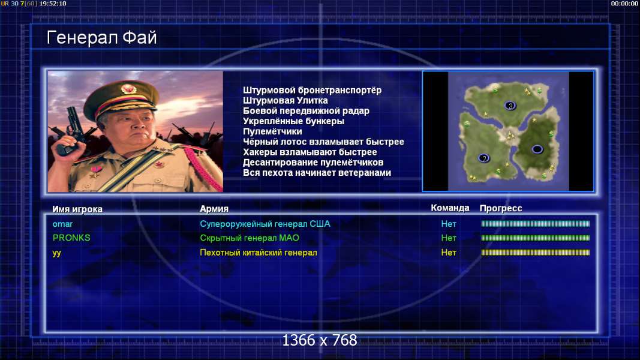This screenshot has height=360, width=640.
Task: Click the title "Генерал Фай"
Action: coord(101,38)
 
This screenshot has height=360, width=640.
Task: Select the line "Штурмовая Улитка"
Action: coord(286,100)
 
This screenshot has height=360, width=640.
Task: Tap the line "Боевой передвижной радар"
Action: coord(306,110)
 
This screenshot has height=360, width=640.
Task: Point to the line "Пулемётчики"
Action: coord(272,131)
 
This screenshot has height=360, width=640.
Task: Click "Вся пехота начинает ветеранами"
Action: coord(317,173)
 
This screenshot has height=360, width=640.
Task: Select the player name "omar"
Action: coord(62,224)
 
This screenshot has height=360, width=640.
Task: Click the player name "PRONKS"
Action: coord(71,238)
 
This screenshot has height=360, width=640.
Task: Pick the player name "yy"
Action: coord(57,253)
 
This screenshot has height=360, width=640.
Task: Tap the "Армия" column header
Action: coord(214,209)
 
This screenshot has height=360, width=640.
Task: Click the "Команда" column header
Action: coord(450,208)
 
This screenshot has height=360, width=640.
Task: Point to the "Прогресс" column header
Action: coord(501,208)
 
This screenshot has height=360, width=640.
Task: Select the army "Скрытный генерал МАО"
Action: coord(250,238)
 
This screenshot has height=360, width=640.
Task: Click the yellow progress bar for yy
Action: coord(536,253)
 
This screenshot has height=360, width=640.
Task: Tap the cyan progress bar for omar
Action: coord(536,224)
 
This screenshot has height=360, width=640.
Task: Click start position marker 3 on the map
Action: coord(510,106)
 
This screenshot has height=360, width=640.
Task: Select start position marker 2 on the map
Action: coord(484,158)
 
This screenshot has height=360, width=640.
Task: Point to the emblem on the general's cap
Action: coord(128,89)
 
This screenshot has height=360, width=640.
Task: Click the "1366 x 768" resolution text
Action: coord(320,340)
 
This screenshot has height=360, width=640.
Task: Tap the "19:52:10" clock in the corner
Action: coord(53,3)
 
